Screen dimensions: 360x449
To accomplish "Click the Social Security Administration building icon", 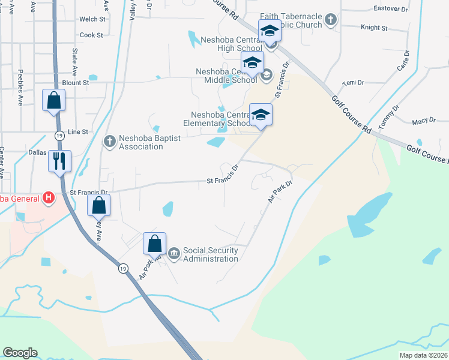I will (174, 254).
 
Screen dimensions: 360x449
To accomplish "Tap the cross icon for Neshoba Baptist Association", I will (109, 142).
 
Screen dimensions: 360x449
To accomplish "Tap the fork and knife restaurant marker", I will (59, 161).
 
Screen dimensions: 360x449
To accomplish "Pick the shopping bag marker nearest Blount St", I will (53, 100).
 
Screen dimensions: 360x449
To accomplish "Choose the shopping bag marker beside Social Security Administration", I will (154, 244).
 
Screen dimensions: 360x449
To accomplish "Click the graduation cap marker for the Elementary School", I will (261, 115).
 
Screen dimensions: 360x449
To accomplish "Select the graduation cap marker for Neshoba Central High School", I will (270, 31).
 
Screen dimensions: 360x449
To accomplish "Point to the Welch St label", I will (92, 19).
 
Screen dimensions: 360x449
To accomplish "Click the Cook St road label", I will (91, 35).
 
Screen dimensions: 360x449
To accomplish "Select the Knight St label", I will (374, 28).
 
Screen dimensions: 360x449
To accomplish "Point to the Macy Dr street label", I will (424, 121).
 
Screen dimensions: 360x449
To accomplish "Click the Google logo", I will (20, 353).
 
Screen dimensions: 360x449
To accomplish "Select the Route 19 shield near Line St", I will (59, 136).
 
